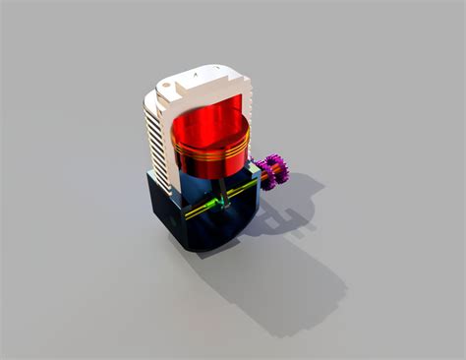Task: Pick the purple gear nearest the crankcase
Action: click(x=264, y=175)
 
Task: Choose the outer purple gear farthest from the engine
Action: click(x=279, y=171)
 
